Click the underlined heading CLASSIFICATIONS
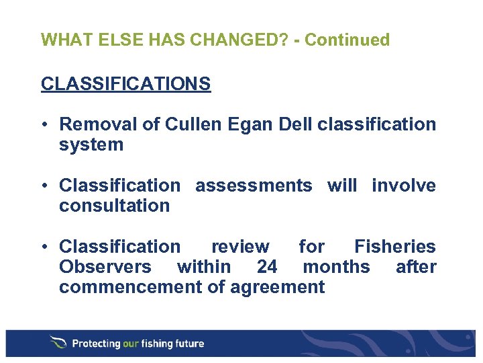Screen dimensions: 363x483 click(x=125, y=84)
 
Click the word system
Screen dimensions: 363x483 click(x=91, y=145)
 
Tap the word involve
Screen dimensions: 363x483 click(x=404, y=186)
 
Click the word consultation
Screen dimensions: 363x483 click(x=115, y=206)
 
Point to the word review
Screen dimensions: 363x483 click(x=240, y=247)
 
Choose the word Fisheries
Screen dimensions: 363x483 click(x=395, y=247)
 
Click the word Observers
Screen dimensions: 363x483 click(x=105, y=267)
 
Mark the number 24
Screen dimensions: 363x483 click(x=267, y=267)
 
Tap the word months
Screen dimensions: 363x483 click(x=336, y=267)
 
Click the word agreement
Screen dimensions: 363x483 click(x=278, y=287)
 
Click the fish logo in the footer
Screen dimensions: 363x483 click(x=58, y=343)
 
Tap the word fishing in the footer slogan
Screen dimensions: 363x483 click(x=161, y=344)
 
